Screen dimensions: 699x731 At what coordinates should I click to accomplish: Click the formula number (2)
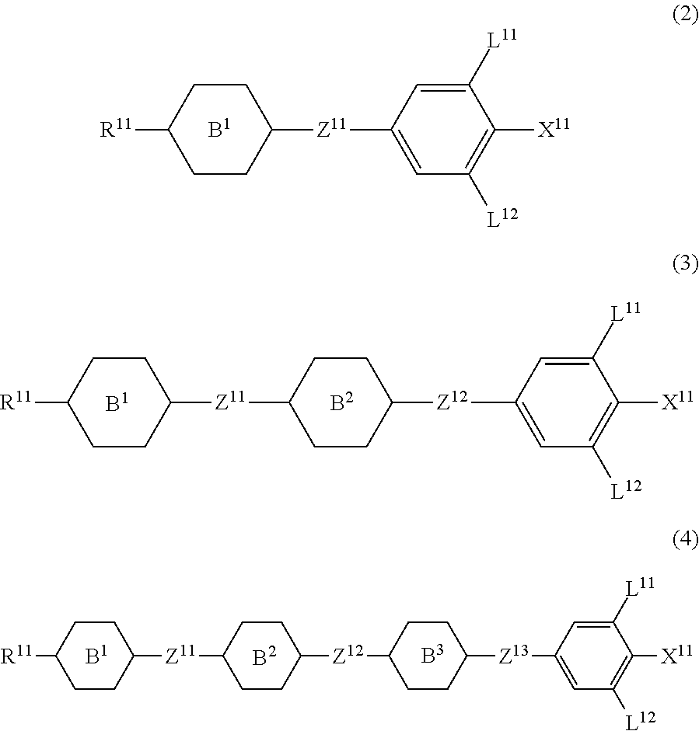click(685, 17)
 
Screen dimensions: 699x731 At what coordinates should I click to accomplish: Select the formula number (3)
click(685, 264)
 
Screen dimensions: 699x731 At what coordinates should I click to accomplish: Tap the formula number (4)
click(685, 538)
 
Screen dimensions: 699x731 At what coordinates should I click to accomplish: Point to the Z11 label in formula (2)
click(331, 129)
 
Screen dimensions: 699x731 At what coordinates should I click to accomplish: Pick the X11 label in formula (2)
click(554, 129)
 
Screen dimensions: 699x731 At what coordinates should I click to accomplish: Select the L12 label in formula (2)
click(502, 218)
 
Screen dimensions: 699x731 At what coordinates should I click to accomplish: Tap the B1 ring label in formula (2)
click(220, 130)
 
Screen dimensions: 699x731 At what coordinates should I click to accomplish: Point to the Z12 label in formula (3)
click(453, 402)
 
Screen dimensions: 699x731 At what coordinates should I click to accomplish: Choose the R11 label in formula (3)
click(17, 402)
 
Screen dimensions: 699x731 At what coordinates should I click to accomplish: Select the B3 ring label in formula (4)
click(428, 656)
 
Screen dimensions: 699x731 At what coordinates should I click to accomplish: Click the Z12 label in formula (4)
click(349, 656)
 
